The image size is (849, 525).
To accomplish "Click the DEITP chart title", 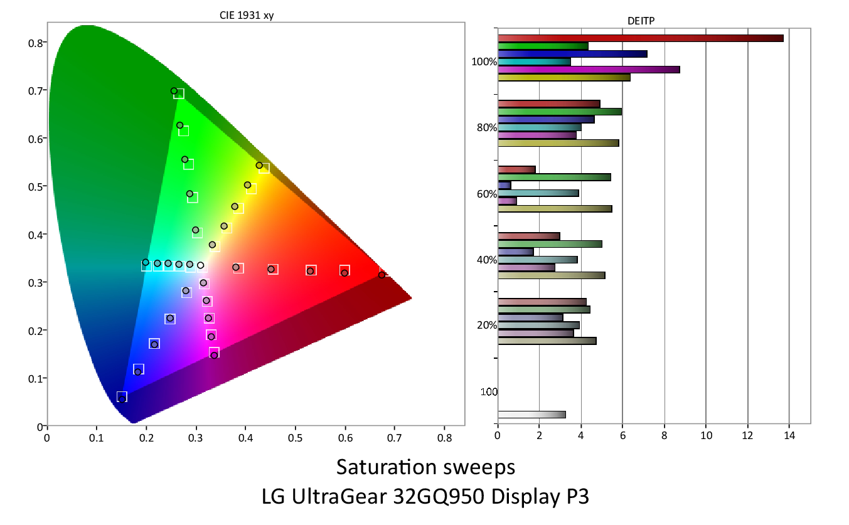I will [641, 21].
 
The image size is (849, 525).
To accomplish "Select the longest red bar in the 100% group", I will [640, 38].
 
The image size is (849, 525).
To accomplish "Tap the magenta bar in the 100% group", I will [588, 70].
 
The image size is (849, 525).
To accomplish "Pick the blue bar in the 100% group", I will [572, 54].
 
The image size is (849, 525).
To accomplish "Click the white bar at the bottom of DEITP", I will [531, 415].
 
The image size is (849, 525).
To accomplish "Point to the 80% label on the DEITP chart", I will [487, 128].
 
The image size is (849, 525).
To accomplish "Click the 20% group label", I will [487, 326].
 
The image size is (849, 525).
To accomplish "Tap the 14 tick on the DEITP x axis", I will [789, 435].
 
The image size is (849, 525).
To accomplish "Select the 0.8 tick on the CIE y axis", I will [35, 43].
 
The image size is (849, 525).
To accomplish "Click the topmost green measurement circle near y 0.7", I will [174, 91].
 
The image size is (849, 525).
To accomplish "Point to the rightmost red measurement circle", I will [382, 275].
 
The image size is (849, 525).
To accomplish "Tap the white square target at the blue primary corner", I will [122, 396].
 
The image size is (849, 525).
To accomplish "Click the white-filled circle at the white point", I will [200, 265].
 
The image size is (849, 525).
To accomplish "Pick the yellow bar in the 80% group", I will [558, 143].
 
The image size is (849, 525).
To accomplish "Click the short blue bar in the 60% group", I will [504, 186].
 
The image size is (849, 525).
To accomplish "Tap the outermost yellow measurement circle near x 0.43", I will [259, 166].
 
